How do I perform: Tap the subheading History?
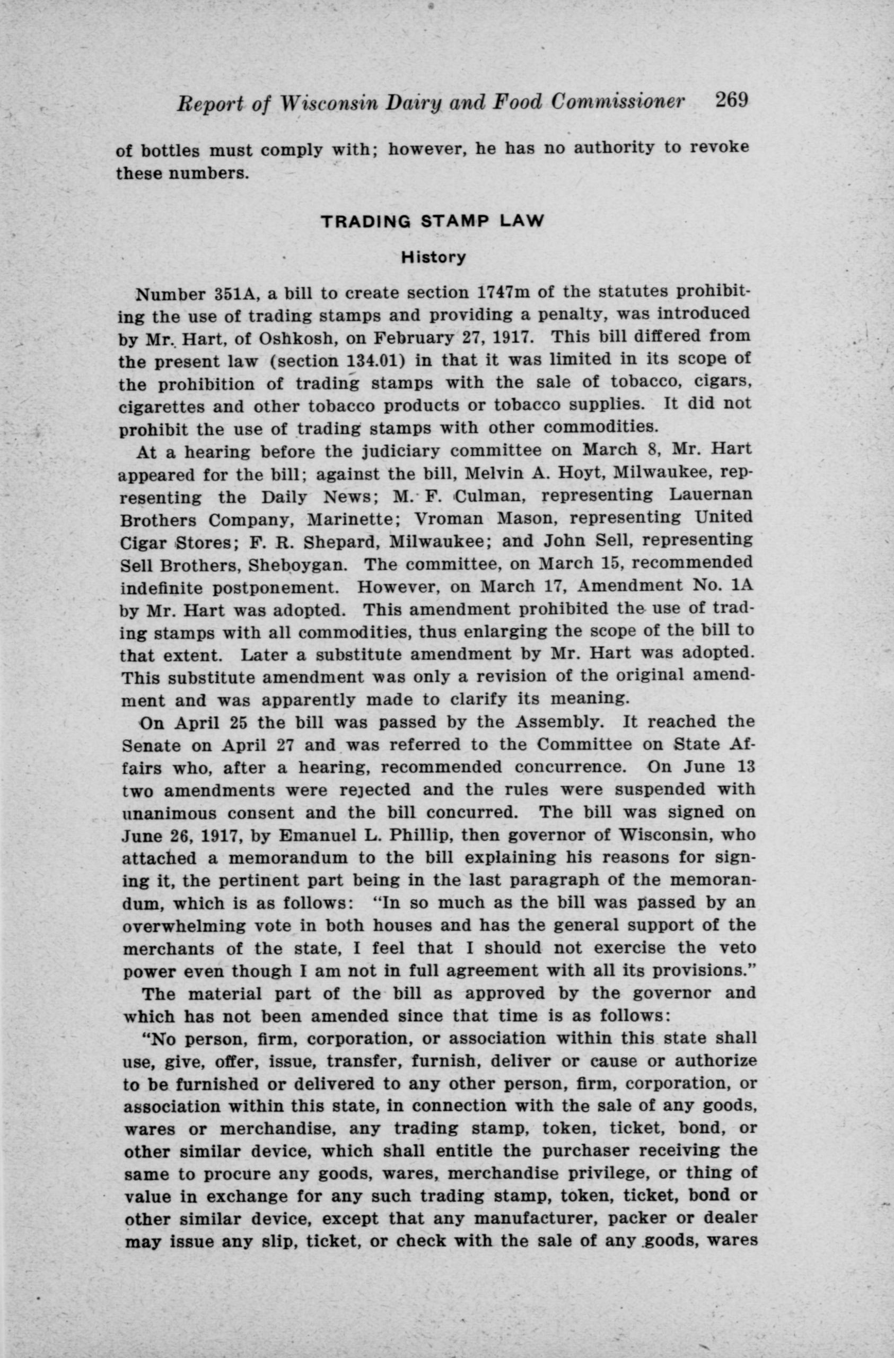coord(434,257)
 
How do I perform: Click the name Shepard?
coord(338,542)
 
